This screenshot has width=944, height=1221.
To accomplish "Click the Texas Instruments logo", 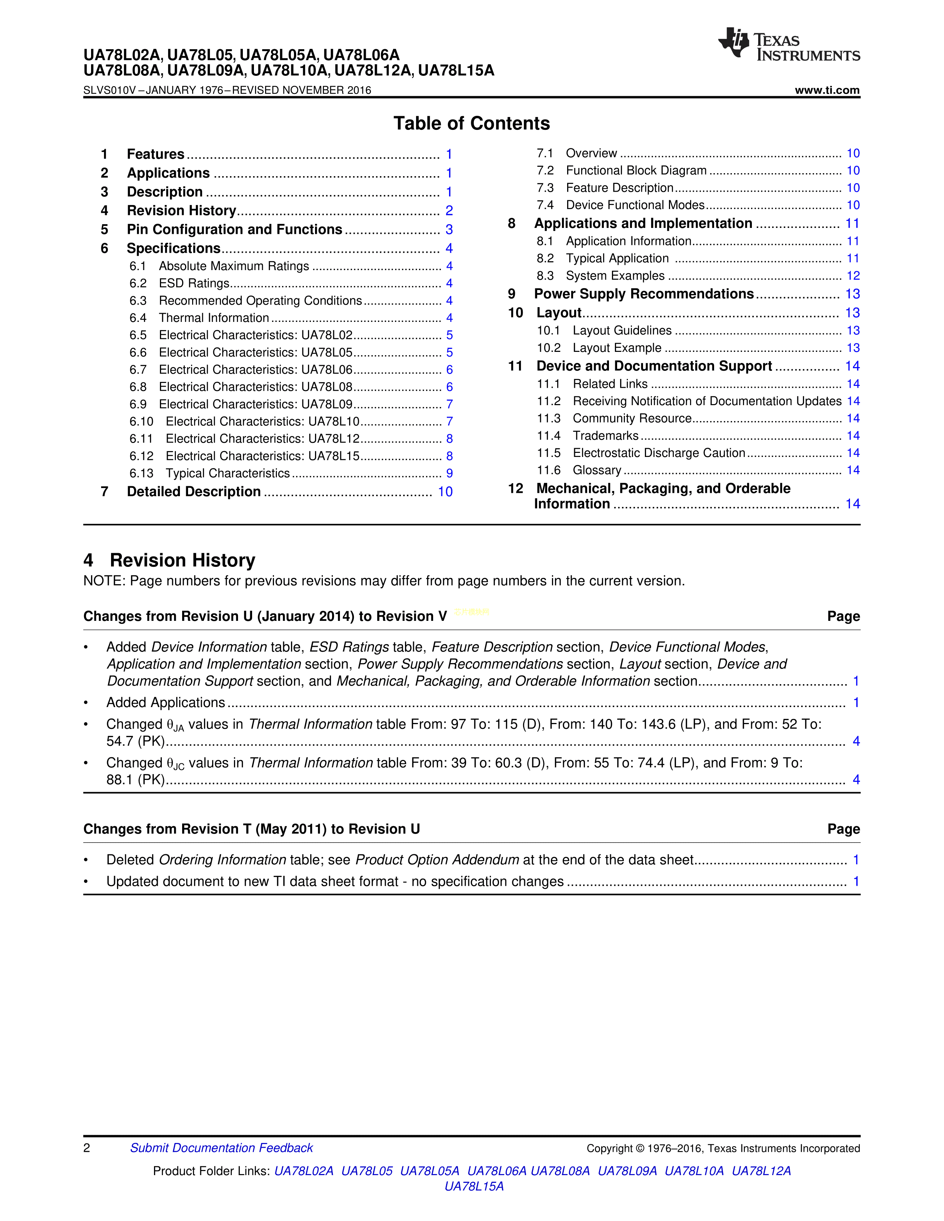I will tap(789, 45).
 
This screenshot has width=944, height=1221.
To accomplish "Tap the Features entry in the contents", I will tap(155, 154).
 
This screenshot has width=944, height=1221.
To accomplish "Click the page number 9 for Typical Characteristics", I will tap(449, 474).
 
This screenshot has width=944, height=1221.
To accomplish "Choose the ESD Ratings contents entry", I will tap(194, 283).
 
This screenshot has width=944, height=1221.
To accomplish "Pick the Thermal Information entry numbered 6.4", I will tap(214, 318).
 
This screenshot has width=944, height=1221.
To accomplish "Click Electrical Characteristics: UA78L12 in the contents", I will tap(262, 439).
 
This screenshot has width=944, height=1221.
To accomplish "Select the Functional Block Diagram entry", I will tap(636, 171).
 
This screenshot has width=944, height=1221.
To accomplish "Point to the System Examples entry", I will tap(615, 276).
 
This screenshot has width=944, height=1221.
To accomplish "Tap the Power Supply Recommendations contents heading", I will tap(644, 294).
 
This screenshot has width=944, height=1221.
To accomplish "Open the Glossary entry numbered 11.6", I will tap(597, 470).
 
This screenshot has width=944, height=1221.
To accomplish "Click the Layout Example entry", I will tap(617, 348).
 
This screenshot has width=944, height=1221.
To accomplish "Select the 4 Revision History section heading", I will tap(170, 560).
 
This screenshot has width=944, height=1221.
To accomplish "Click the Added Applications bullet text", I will tap(165, 703).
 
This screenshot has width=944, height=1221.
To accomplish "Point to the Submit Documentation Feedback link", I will tap(221, 1148).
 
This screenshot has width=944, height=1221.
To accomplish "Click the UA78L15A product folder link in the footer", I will tap(474, 1186).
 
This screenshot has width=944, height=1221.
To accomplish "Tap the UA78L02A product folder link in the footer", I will tap(304, 1171).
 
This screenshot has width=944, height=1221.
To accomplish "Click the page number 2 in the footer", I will tap(87, 1148).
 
